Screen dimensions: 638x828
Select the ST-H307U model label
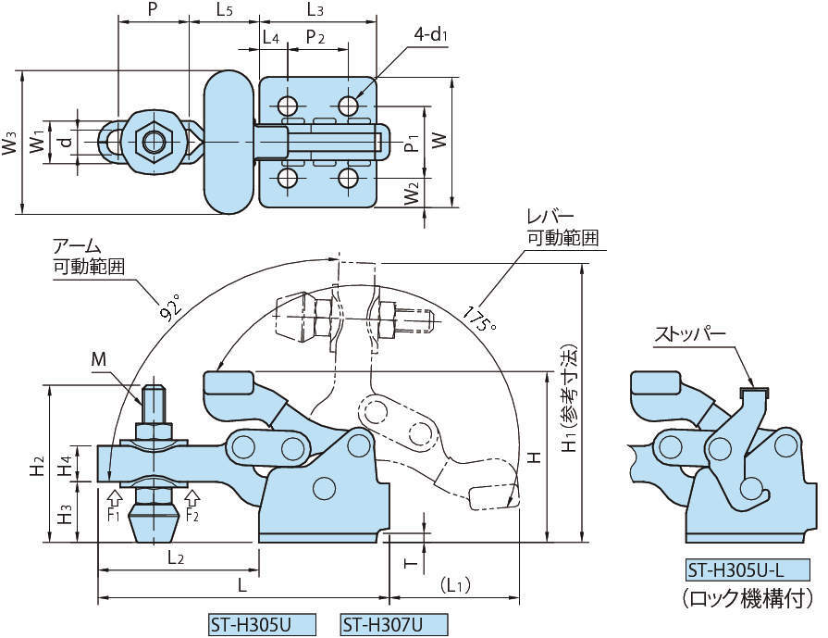(x=381, y=625)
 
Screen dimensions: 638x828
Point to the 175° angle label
(x=481, y=316)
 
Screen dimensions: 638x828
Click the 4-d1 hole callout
(x=430, y=34)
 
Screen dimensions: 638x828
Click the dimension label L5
(x=224, y=10)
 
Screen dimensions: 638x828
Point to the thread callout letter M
(x=99, y=358)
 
